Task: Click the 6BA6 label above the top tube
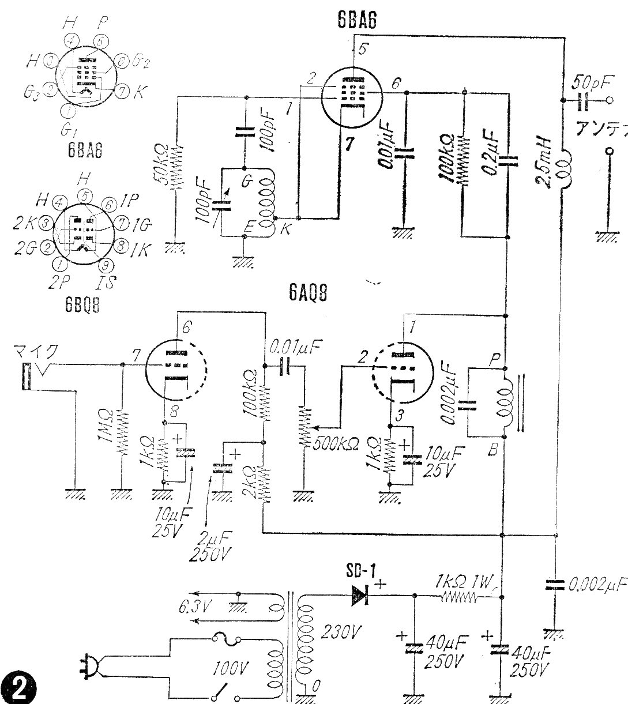[x=358, y=22]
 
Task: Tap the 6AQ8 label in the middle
[x=309, y=295]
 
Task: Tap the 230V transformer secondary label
[x=336, y=633]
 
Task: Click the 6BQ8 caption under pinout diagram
[x=83, y=306]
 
